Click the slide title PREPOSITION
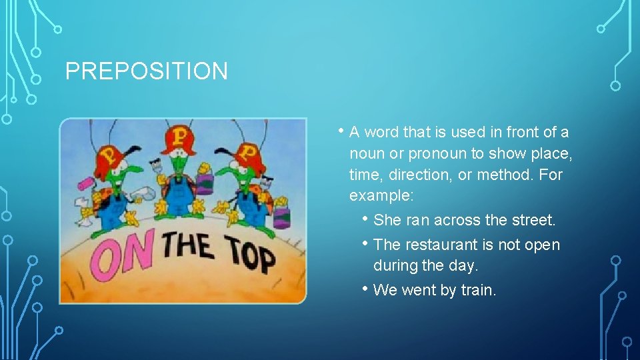(x=146, y=71)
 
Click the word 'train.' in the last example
(x=478, y=290)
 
